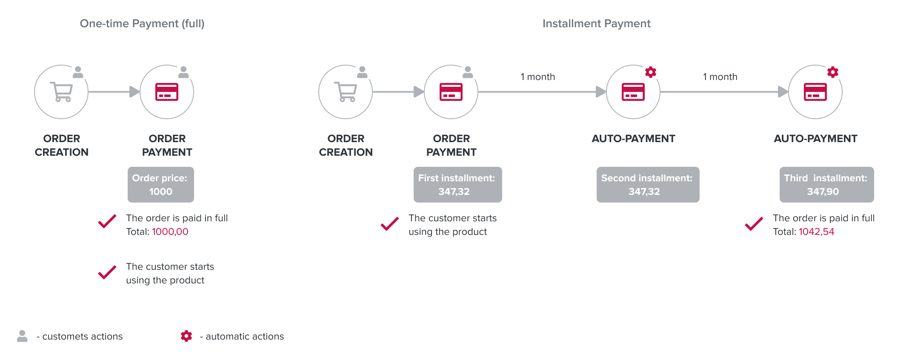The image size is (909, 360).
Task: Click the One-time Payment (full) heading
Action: (142, 23)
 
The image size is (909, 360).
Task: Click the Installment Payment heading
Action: (596, 23)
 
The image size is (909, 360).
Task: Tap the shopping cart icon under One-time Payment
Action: (61, 91)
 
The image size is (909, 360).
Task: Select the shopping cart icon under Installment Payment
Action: (346, 91)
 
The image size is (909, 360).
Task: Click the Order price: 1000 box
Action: (160, 185)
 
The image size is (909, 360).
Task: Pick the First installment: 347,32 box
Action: (457, 185)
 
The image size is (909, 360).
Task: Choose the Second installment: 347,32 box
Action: (648, 185)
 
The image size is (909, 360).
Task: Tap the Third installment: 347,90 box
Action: (826, 185)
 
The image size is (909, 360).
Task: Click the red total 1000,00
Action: (170, 231)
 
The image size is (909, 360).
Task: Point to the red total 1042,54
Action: (816, 231)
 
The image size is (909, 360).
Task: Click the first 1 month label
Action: (538, 77)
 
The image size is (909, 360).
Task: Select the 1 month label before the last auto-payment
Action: (720, 77)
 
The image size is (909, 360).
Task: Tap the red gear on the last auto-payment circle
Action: (833, 72)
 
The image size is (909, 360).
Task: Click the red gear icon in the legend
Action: (186, 336)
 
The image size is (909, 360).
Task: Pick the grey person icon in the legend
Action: (22, 336)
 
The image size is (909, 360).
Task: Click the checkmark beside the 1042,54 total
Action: (754, 223)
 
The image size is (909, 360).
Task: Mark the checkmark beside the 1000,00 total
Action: (107, 221)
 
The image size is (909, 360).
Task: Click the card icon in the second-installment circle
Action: (633, 92)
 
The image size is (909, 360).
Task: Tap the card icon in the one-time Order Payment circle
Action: (167, 92)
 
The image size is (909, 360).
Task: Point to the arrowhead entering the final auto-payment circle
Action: (783, 91)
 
